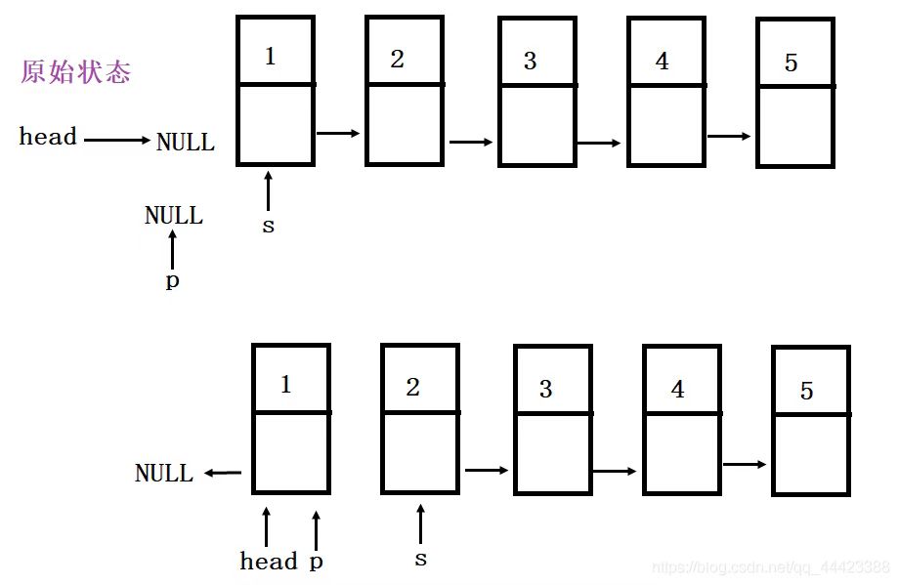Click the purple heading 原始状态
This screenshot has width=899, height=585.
pos(75,72)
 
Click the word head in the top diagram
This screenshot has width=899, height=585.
pos(48,137)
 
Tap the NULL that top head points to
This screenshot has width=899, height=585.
pos(186,143)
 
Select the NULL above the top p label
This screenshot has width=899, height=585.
pos(174,216)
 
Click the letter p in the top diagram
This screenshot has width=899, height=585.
pos(173,282)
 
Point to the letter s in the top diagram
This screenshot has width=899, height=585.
pos(268,226)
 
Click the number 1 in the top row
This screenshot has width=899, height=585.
pos(271,56)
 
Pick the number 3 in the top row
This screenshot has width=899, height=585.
pos(530,61)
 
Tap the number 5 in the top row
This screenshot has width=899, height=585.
pos(791,63)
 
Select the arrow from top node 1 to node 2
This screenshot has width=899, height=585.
pos(339,133)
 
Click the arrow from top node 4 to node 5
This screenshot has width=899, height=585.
pos(729,137)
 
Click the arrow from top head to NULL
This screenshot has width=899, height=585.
pos(117,140)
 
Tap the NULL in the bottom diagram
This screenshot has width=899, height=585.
pos(164,474)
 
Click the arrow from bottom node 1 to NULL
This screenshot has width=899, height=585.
pos(223,474)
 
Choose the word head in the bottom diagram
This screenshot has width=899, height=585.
pos(269,561)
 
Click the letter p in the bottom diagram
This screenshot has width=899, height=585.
pos(316,562)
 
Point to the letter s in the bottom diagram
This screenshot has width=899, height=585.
pos(420,559)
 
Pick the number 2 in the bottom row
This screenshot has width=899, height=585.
pos(412,388)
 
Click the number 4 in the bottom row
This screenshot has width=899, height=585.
pos(677,390)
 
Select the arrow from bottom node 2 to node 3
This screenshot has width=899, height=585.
pos(487,471)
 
